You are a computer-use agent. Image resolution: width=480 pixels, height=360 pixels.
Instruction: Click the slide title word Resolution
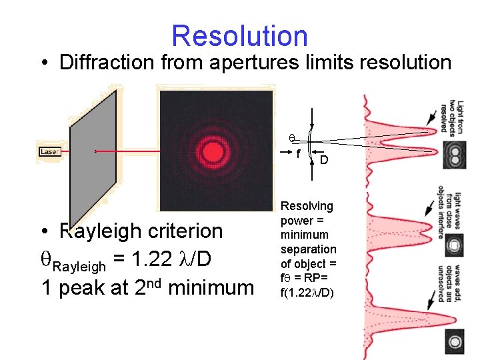tap(239, 36)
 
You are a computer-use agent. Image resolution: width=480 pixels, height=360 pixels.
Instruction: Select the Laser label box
tap(49, 152)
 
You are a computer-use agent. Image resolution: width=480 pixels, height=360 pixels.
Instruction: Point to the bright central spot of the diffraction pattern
tap(215, 151)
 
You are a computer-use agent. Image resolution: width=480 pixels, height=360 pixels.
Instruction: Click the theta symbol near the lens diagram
tap(291, 139)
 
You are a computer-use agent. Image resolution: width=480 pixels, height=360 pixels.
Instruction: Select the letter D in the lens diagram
tap(323, 160)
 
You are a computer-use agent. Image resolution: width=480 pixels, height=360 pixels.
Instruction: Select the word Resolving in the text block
tap(307, 207)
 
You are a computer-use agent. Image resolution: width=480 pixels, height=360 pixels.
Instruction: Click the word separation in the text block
tap(309, 249)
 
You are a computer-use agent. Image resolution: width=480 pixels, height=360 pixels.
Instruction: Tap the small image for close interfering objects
tap(455, 245)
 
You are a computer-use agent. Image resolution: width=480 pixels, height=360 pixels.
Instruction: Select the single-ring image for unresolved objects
tap(455, 342)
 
